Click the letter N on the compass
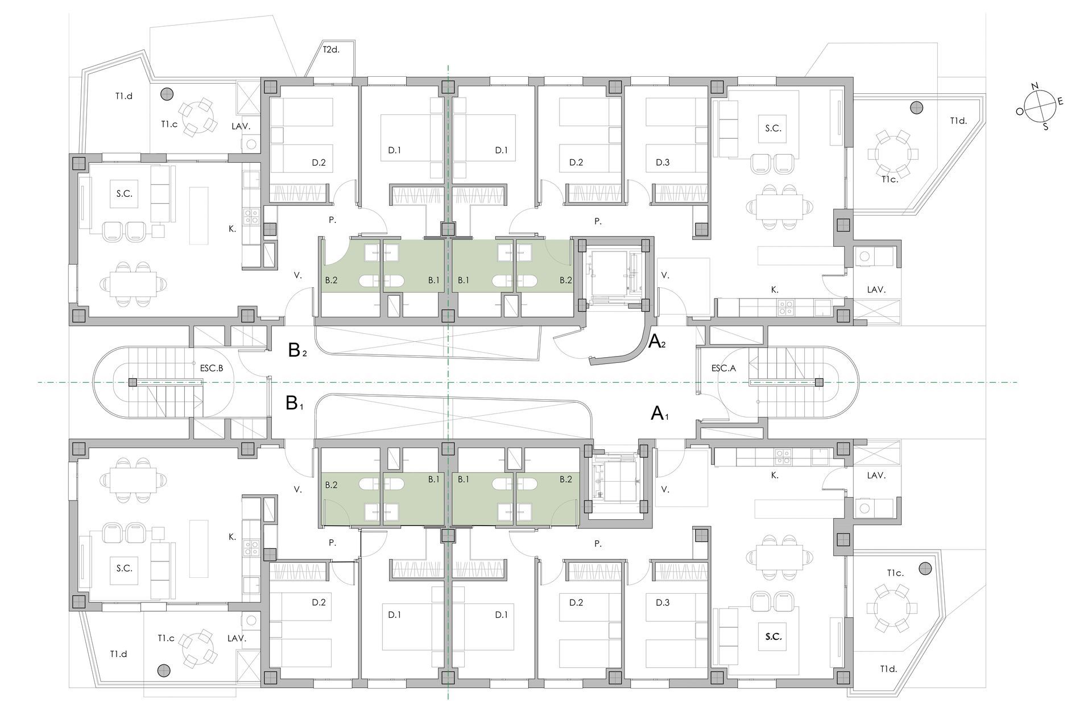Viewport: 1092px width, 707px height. (x=1035, y=86)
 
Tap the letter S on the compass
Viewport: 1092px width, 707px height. (x=1045, y=127)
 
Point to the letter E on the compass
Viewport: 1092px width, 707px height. (x=1060, y=101)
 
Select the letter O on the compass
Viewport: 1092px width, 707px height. (x=1020, y=112)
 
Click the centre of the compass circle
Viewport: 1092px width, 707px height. (x=1040, y=106)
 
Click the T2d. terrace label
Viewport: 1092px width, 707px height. (x=331, y=49)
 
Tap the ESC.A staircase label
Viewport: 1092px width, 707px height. (x=723, y=369)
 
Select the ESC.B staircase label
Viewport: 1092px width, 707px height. (x=212, y=368)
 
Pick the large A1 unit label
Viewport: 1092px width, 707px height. (x=659, y=413)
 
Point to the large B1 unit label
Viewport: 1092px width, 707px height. (x=295, y=403)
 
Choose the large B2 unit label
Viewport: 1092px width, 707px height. (x=297, y=350)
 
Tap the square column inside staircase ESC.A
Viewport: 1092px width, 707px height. (x=819, y=382)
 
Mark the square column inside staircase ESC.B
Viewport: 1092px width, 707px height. (x=132, y=382)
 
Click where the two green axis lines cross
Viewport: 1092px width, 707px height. (x=448, y=382)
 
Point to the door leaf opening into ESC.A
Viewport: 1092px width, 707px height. (x=697, y=370)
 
